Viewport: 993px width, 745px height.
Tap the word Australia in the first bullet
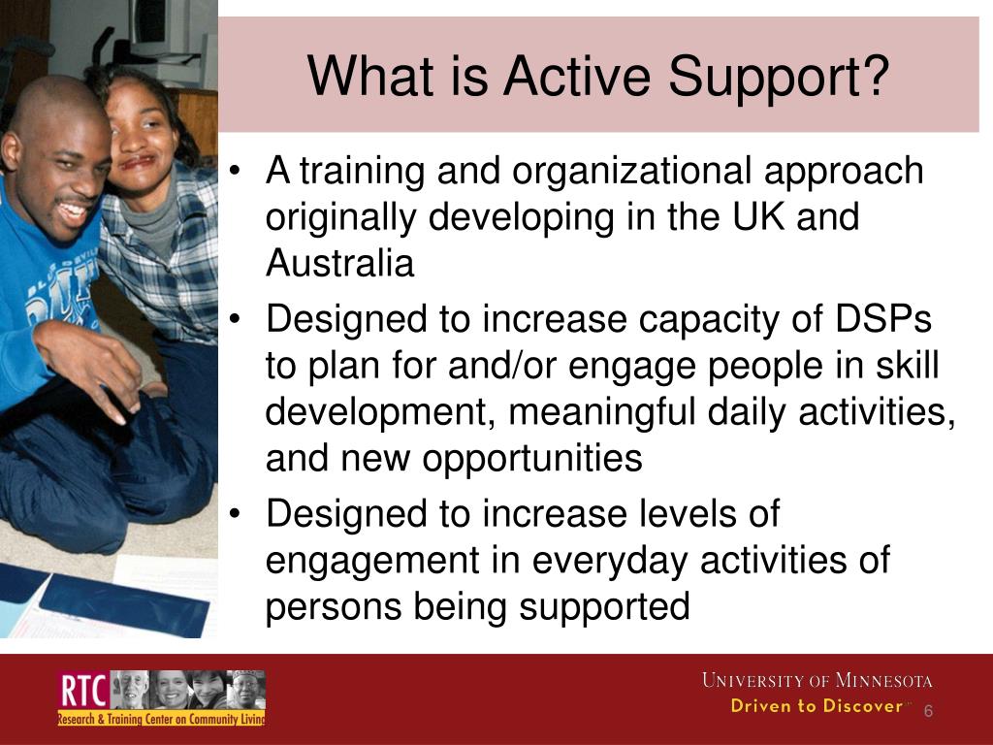pos(339,264)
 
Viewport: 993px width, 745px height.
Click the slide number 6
pos(928,711)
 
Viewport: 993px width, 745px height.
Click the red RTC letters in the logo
pos(82,692)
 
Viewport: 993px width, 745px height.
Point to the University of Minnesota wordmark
pos(817,680)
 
